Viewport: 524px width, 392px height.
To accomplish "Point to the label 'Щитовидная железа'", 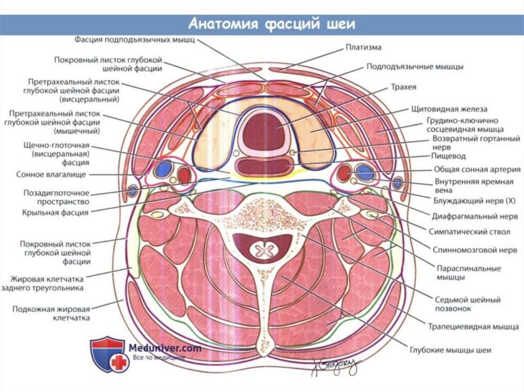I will [449, 109].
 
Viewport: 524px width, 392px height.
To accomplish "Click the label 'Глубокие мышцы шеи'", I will [450, 350].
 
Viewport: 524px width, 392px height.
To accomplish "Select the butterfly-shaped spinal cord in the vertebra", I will [263, 250].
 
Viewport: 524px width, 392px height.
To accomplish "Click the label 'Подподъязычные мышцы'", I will [414, 66].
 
